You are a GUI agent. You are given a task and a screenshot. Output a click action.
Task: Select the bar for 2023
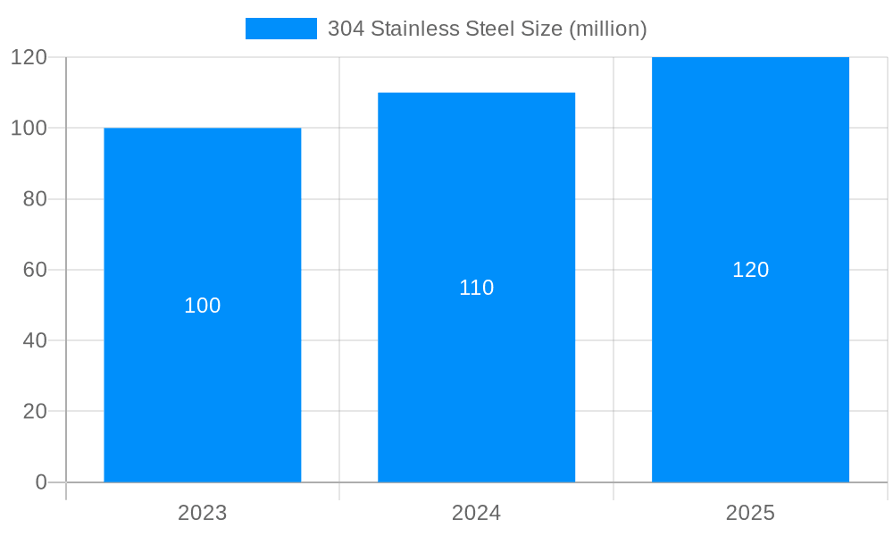pyautogui.click(x=203, y=375)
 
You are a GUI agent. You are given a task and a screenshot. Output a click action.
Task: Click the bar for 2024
pyautogui.click(x=476, y=375)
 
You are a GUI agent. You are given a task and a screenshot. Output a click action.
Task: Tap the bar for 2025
pyautogui.click(x=750, y=375)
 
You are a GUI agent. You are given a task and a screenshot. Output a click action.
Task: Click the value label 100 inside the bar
pyautogui.click(x=203, y=306)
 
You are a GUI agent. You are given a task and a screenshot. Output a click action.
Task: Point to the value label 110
pyautogui.click(x=476, y=288)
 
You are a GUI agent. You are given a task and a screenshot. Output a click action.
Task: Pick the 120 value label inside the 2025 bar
pyautogui.click(x=750, y=270)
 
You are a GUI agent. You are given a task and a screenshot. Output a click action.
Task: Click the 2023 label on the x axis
pyautogui.click(x=203, y=513)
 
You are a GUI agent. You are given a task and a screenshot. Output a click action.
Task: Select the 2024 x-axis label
pyautogui.click(x=476, y=513)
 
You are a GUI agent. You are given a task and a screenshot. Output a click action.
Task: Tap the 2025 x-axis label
pyautogui.click(x=750, y=513)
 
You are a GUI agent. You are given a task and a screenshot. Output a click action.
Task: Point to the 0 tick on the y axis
pyautogui.click(x=41, y=482)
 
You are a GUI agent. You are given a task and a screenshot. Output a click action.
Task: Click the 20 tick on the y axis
pyautogui.click(x=35, y=412)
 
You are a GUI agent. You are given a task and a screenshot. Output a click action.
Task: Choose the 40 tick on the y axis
pyautogui.click(x=35, y=340)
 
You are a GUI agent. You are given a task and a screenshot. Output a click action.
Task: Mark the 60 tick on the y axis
pyautogui.click(x=35, y=270)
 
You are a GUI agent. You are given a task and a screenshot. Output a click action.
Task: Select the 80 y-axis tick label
pyautogui.click(x=35, y=199)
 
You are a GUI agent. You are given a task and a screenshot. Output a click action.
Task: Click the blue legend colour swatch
pyautogui.click(x=280, y=29)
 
